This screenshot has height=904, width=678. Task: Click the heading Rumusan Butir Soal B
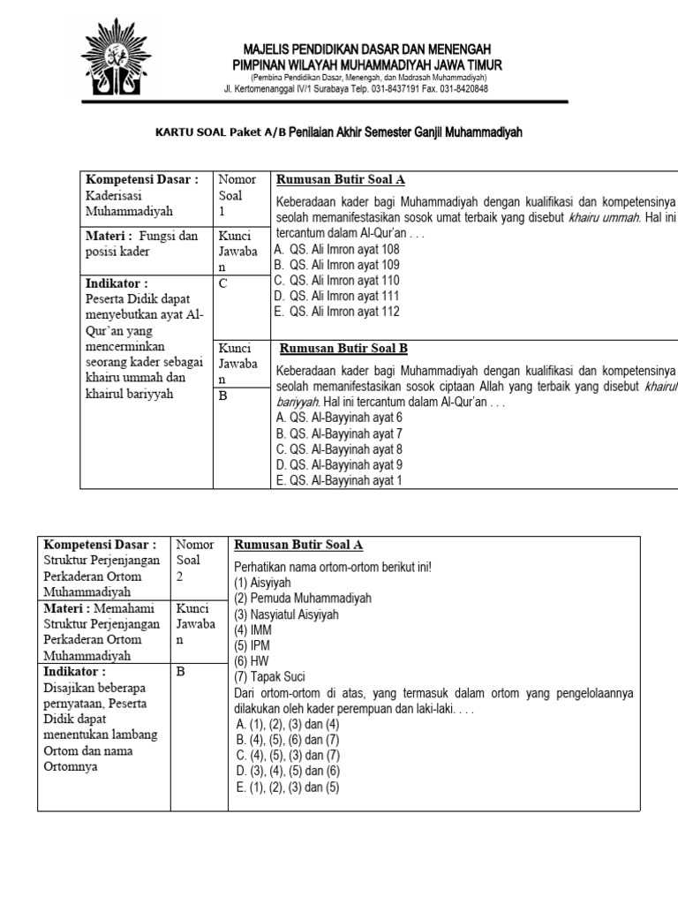(343, 348)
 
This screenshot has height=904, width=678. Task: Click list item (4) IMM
(253, 630)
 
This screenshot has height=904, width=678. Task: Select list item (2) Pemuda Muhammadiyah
(303, 598)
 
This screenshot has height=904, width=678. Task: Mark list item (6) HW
(252, 661)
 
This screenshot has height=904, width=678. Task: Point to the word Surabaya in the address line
(354, 88)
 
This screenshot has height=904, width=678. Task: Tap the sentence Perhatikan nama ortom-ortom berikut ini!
(332, 566)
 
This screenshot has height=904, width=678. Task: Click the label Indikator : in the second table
(76, 672)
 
